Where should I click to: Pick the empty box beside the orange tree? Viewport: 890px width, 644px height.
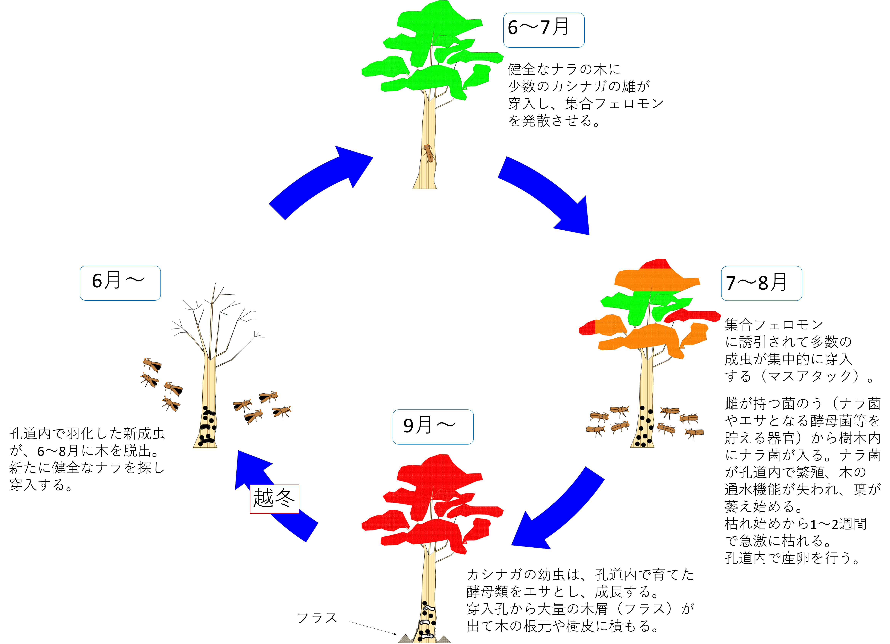pos(761,283)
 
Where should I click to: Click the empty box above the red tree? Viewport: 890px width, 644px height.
pos(433,427)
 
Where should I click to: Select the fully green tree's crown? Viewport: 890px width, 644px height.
pos(432,51)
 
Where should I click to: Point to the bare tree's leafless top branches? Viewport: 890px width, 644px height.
pos(212,322)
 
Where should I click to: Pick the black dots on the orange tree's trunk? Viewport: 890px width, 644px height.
pos(644,428)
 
